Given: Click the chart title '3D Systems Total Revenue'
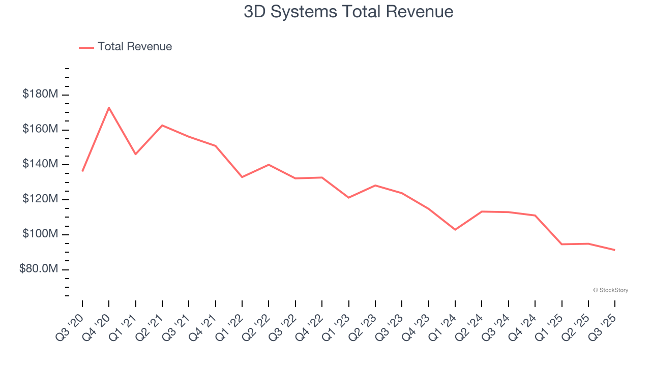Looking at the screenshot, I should [x=348, y=11].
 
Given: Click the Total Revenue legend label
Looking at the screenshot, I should [x=135, y=47].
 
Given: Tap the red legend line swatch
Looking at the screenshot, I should [x=86, y=47].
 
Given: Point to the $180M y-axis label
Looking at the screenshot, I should [x=40, y=95].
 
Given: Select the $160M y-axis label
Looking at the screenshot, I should [x=40, y=130].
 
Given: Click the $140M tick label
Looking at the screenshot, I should [x=40, y=164].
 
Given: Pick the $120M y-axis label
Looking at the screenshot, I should [x=40, y=199].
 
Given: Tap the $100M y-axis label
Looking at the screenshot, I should [x=40, y=234].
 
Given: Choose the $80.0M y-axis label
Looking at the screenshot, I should [x=39, y=269].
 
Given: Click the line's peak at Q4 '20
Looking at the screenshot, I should [x=109, y=107].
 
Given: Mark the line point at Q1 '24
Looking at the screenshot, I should [x=455, y=230].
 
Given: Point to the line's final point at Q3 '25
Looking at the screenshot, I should [x=615, y=250].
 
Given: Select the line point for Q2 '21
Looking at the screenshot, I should [x=162, y=125].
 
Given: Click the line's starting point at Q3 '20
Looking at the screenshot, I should [x=82, y=171].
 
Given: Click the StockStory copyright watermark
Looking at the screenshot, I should [x=610, y=290].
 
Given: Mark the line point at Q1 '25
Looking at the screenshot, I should [x=561, y=245].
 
